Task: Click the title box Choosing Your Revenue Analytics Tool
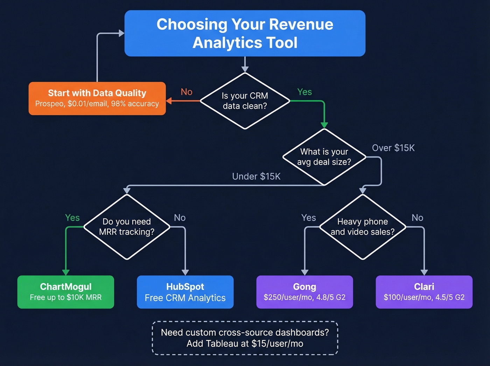pyautogui.click(x=245, y=33)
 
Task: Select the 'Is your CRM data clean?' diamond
pyautogui.click(x=245, y=101)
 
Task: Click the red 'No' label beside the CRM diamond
pyautogui.click(x=187, y=92)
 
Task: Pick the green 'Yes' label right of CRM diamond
pyautogui.click(x=304, y=92)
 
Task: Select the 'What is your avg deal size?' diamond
pyautogui.click(x=324, y=157)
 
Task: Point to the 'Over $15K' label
pyautogui.click(x=393, y=148)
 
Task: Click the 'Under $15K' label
pyautogui.click(x=256, y=176)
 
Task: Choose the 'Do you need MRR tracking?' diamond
pyautogui.click(x=127, y=227)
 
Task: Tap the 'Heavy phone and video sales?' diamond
pyautogui.click(x=363, y=227)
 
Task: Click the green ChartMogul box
pyautogui.click(x=66, y=292)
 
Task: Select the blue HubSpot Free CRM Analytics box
pyautogui.click(x=185, y=292)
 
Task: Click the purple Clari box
pyautogui.click(x=424, y=292)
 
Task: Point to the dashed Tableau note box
pyautogui.click(x=245, y=338)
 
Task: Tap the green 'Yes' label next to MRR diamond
pyautogui.click(x=72, y=217)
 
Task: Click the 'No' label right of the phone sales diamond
pyautogui.click(x=417, y=217)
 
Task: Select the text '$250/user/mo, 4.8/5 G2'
pyautogui.click(x=304, y=297)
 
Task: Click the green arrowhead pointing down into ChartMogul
pyautogui.click(x=66, y=272)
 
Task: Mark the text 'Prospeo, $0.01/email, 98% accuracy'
pyautogui.click(x=97, y=104)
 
